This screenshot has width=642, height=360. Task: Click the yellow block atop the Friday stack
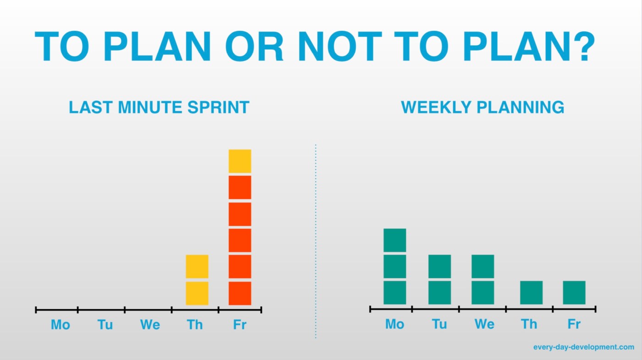point(240,161)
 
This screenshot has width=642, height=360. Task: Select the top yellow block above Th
point(197,266)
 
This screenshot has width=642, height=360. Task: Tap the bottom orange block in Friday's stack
point(240,293)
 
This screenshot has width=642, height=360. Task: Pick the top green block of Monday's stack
point(395,240)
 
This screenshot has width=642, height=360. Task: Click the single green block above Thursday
point(531,293)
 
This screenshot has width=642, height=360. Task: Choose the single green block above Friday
point(574,293)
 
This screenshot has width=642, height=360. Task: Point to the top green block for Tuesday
point(440,266)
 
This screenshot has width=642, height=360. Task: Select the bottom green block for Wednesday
point(482,293)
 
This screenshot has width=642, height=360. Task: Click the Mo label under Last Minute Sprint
point(61,325)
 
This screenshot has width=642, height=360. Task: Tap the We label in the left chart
point(150,325)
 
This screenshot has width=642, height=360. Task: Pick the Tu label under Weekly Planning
point(439,324)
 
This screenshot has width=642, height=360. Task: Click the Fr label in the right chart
point(574,324)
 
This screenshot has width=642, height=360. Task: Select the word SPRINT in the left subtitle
point(218,107)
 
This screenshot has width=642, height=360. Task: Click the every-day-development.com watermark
point(583,347)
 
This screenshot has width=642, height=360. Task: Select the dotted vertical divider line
point(315,241)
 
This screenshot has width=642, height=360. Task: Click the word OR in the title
point(255,46)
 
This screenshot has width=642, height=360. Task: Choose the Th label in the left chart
point(195,325)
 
